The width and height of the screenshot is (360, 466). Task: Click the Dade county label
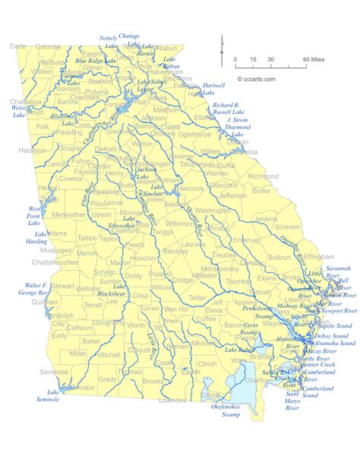[x=17, y=46]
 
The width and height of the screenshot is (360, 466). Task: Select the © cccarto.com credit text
[x=258, y=78]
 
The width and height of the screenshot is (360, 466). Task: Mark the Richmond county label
[x=263, y=176]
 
